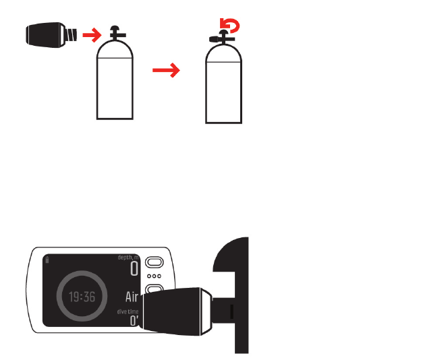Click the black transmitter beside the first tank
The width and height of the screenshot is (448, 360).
tap(45, 33)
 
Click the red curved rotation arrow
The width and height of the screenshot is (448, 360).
tap(233, 26)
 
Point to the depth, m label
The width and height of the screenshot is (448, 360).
tap(128, 258)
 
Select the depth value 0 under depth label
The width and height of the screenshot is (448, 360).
tap(134, 270)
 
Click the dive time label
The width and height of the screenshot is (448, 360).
tap(126, 311)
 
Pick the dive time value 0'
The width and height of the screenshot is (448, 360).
tap(134, 322)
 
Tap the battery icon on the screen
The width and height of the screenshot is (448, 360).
tap(46, 259)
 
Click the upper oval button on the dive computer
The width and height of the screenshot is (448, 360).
tap(155, 262)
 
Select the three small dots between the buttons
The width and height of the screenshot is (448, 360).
tap(155, 276)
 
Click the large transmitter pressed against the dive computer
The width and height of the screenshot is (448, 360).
tap(179, 310)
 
